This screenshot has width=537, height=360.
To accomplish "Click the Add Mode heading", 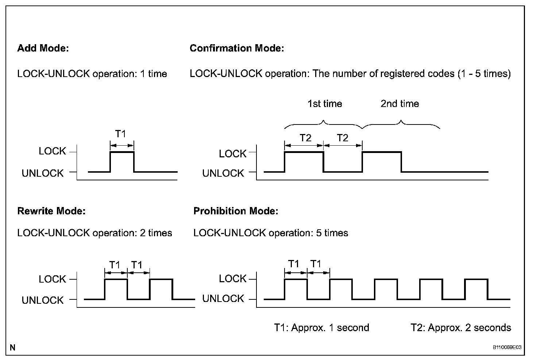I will coord(43,48).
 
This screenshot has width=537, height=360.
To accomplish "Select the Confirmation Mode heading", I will coord(236,48).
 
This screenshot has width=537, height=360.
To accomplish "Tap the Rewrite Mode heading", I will coord(51,211).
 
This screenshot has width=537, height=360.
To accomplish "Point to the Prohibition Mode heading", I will coord(235,211).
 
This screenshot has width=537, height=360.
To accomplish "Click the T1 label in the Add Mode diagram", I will coord(120,134).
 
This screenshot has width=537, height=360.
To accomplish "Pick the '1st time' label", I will coord(324,104).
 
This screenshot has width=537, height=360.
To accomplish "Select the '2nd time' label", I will coord(399,104).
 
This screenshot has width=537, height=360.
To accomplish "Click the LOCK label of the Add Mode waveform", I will coord(52,151).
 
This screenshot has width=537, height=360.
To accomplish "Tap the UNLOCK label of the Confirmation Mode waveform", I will coord(223,173).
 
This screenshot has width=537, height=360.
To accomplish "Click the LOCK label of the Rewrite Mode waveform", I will coord(52,279).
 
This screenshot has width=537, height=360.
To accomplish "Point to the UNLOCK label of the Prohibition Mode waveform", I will coord(223,299).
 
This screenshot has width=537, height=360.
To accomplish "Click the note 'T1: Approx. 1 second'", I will coord(321,328).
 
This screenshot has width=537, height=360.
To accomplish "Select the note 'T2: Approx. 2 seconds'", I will coord(460,328).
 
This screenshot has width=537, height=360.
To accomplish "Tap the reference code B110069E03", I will coord(507,348).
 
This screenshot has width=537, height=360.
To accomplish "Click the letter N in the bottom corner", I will coord(13,348).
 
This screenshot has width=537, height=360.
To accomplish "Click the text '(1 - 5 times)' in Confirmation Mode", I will coord(483,74).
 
